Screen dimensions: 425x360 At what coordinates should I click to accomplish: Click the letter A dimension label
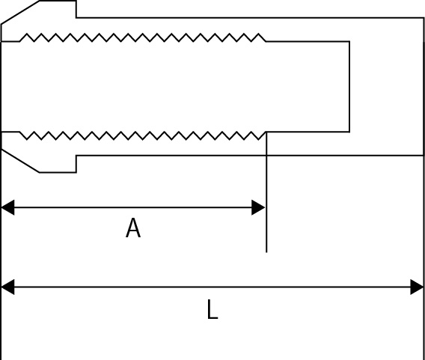point(133,228)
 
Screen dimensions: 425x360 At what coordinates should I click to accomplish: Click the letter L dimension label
point(212,309)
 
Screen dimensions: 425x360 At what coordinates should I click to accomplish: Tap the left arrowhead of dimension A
point(8,207)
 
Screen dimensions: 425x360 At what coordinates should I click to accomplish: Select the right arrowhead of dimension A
point(258,207)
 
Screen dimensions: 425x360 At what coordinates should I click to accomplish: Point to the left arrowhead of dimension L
point(8,287)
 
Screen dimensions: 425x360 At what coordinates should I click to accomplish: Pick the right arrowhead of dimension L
point(417,287)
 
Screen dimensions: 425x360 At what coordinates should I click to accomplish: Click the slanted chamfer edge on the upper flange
point(20,13)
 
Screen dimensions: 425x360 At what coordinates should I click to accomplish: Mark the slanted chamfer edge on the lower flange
point(20,160)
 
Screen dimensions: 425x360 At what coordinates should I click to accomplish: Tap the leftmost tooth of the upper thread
point(27,37)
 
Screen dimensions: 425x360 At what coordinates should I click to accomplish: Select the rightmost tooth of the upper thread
point(259,37)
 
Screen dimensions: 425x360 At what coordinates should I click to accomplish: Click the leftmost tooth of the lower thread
point(27,136)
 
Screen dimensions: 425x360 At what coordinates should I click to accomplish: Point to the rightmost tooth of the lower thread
point(259,136)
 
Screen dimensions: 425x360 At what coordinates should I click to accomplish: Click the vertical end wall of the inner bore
point(349,87)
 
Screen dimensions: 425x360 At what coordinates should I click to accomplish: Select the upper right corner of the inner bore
point(349,41)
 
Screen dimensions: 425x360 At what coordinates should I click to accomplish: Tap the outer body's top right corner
point(424,18)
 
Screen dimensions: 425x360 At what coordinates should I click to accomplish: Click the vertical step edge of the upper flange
point(76,9)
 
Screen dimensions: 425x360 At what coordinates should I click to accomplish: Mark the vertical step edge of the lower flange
point(76,164)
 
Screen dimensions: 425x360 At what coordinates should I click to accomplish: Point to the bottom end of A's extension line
point(266,252)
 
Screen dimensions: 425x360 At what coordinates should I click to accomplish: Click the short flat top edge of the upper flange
point(58,1)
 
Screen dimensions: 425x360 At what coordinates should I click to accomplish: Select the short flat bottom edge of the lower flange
point(58,172)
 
